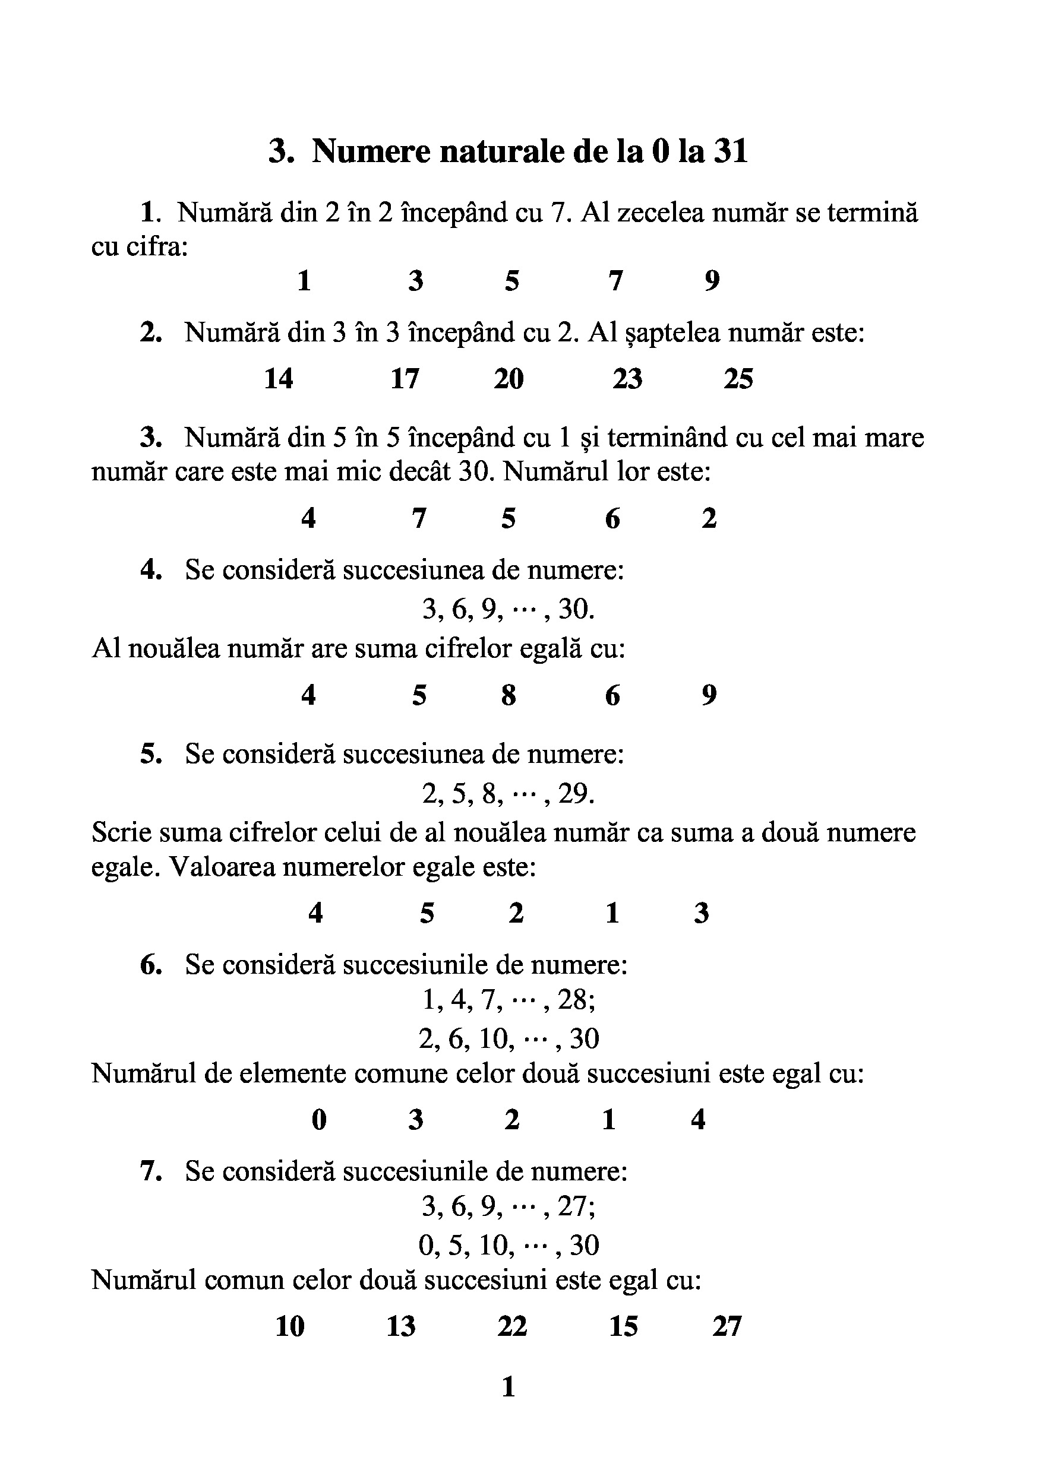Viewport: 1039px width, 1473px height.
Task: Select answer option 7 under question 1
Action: [615, 281]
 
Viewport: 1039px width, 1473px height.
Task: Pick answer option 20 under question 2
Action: [509, 379]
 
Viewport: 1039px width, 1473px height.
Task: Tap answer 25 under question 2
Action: [738, 379]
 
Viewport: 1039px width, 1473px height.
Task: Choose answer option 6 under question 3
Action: [612, 518]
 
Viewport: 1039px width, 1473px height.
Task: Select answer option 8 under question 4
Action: [509, 695]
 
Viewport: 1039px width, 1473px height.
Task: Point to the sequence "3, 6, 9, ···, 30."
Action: [509, 609]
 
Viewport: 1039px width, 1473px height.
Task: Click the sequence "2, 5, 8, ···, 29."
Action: [509, 794]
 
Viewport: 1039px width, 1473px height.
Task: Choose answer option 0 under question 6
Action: [319, 1120]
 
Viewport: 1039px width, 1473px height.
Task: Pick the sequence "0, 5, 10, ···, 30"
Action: [509, 1245]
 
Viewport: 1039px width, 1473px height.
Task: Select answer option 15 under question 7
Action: [623, 1327]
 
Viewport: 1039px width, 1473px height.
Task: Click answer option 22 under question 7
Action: [511, 1327]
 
